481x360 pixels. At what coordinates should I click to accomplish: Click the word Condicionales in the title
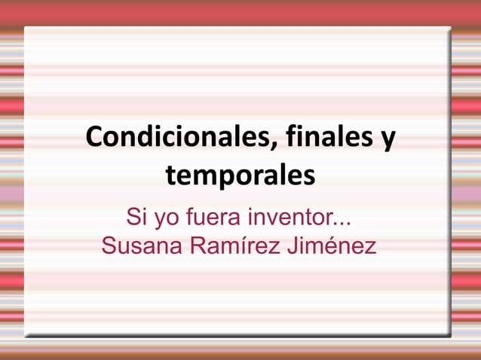pos(174,138)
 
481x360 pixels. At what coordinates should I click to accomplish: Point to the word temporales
pos(240,176)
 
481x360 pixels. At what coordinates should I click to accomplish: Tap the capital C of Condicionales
pos(94,138)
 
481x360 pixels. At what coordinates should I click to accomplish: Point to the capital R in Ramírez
pos(195,246)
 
